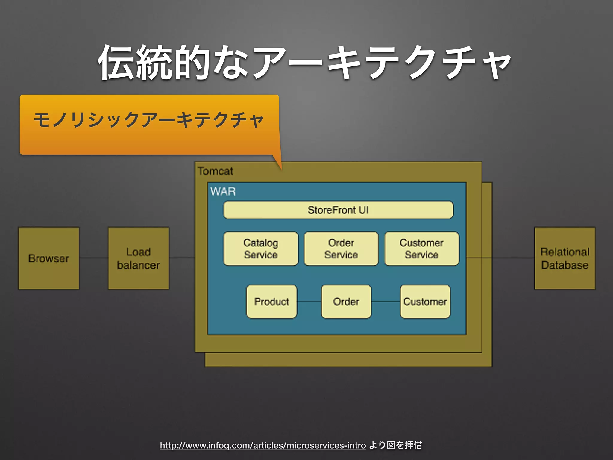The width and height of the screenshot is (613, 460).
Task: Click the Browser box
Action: coord(49,258)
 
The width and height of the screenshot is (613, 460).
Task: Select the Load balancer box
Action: coord(138,258)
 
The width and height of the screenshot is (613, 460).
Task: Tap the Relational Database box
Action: coord(565,258)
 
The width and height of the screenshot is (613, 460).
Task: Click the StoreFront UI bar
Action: coord(338,210)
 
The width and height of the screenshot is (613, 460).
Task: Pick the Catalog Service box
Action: coord(261,249)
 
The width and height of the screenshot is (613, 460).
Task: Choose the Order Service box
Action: coord(341,249)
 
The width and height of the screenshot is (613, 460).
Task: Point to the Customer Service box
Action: coord(421,249)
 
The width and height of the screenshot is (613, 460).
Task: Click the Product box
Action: coord(271,302)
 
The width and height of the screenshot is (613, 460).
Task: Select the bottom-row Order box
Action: coord(346,302)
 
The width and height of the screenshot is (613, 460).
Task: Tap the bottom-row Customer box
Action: coord(425,302)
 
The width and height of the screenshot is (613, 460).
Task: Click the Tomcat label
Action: coord(215,171)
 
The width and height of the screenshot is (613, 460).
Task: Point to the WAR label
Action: coord(223,191)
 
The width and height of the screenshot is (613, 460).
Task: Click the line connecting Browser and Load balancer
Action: coord(94,258)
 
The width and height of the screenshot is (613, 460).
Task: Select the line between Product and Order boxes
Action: coord(309,302)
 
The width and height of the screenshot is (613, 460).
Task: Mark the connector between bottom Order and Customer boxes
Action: coord(386,302)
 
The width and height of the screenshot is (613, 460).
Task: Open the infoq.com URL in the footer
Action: coord(263,445)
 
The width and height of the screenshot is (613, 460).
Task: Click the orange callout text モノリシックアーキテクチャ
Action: coord(149,120)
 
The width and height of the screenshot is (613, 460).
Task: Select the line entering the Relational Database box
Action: coord(513,258)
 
